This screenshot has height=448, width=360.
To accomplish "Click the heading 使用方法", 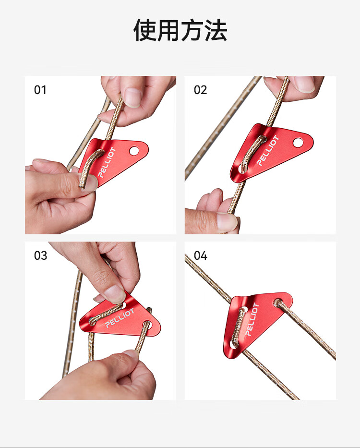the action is tap(180, 31).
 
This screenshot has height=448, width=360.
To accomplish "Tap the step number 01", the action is tap(40, 90).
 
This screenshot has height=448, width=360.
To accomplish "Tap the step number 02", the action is tap(200, 90).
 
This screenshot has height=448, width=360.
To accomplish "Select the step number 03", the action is tap(40, 255).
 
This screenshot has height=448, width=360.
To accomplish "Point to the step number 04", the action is tap(200, 255).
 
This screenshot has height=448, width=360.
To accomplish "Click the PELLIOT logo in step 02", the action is tap(267, 151).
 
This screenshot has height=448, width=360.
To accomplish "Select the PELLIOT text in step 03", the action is tap(120, 318).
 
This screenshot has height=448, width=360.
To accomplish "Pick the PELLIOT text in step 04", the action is tap(252, 319).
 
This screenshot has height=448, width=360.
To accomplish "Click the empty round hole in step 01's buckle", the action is tap(134, 151).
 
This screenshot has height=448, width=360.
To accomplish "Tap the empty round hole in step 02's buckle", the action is tap(298, 142).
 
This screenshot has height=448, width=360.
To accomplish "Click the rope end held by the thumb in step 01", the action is tap(82, 187).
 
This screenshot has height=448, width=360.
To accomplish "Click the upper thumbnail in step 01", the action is tap(133, 97).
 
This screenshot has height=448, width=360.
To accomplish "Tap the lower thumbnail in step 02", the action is tap(227, 221).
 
